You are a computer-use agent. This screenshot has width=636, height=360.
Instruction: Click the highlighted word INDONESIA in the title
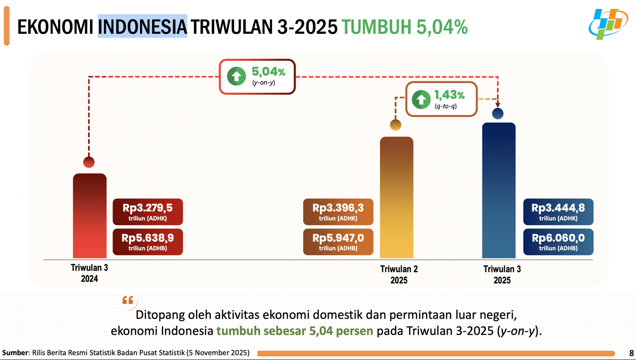pyautogui.click(x=142, y=27)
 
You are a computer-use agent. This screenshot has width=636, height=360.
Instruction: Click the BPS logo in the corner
pyautogui.click(x=608, y=24)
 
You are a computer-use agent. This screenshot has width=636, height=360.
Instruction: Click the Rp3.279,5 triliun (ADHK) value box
pyautogui.click(x=147, y=212)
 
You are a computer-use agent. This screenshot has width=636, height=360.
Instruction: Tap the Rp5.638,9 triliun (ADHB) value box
pyautogui.click(x=147, y=242)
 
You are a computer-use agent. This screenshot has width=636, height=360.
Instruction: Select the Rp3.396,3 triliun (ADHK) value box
pyautogui.click(x=338, y=212)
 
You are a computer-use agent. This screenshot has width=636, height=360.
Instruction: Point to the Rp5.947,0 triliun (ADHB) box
pyautogui.click(x=338, y=242)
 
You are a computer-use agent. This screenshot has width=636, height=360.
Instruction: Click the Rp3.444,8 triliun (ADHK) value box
pyautogui.click(x=558, y=212)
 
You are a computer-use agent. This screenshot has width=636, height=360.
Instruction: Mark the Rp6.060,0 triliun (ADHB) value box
pyautogui.click(x=558, y=242)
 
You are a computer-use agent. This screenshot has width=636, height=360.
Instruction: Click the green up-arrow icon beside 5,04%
pyautogui.click(x=237, y=76)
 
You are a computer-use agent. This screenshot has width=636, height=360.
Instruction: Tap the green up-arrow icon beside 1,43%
pyautogui.click(x=421, y=99)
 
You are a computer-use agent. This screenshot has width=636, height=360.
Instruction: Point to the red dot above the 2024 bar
pyautogui.click(x=89, y=162)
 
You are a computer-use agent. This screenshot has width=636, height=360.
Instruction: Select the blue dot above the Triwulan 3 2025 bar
pyautogui.click(x=498, y=114)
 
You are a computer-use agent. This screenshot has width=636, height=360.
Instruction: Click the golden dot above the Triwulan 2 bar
pyautogui.click(x=396, y=125)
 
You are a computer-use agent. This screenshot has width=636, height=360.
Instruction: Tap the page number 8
pyautogui.click(x=631, y=353)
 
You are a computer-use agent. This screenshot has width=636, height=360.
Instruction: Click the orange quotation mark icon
pyautogui.click(x=128, y=300)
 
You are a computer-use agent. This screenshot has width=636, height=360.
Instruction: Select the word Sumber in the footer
pyautogui.click(x=15, y=353)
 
